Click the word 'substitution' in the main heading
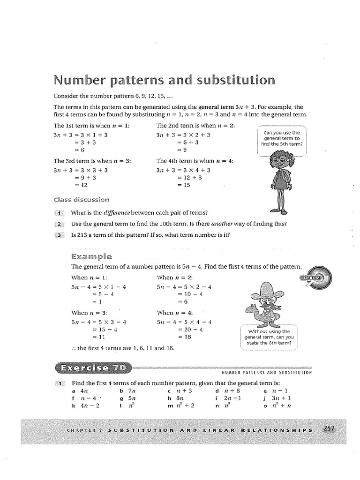[x=235, y=80]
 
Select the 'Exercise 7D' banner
[x=93, y=367]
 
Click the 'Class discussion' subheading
[x=81, y=199]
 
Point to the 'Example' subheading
[x=91, y=256]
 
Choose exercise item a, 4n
[x=80, y=390]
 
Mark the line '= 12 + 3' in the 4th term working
[x=188, y=178]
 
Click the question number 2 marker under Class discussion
[x=60, y=224]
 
